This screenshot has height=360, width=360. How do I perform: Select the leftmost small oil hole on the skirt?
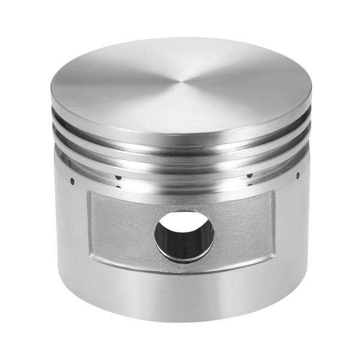coord(72,179)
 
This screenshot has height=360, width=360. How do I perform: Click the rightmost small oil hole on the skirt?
coord(298,176)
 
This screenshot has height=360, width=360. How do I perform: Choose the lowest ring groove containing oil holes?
coord(180,175)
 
